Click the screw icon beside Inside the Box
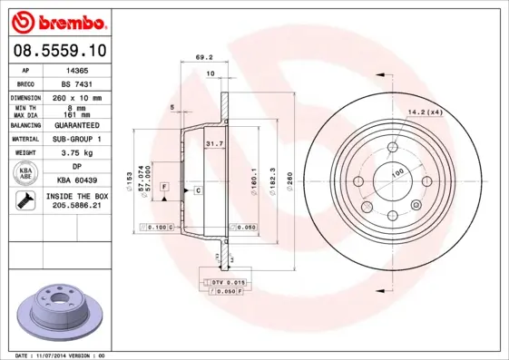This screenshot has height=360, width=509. (23, 201)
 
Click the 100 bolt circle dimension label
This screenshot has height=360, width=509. (396, 172)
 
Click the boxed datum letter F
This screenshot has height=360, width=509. (164, 186)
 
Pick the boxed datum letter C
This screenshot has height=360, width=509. (197, 190)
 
